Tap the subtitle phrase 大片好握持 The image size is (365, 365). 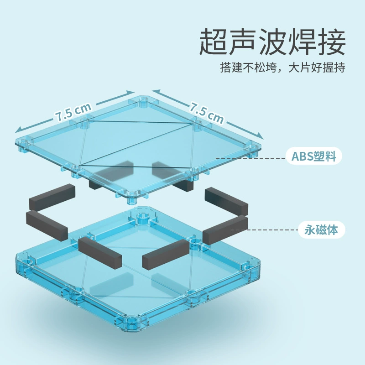317,68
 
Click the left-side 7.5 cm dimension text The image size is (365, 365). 73,112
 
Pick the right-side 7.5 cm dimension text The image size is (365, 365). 207,113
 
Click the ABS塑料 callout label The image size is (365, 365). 314,156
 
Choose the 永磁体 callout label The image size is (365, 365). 321,230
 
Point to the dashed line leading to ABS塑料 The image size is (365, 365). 250,158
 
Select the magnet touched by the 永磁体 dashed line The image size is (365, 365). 225,229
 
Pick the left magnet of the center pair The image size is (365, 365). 100,253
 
